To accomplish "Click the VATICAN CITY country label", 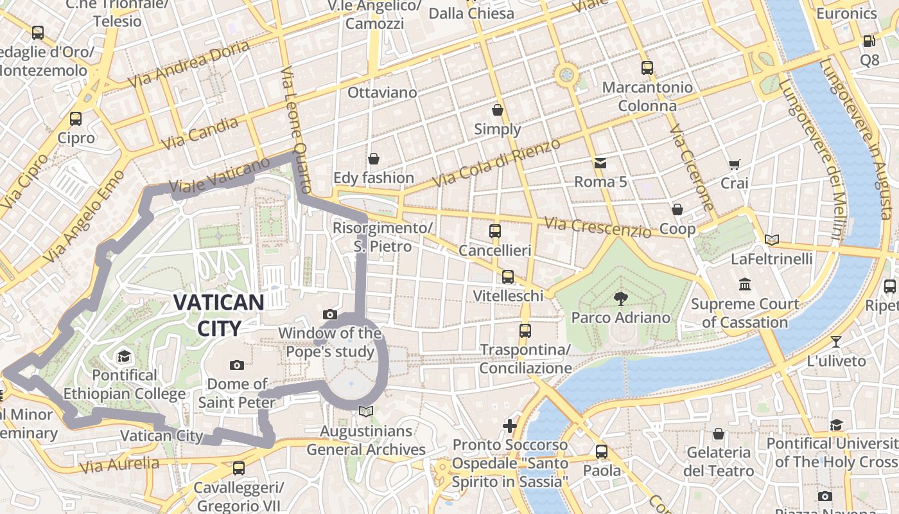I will pos(219,315).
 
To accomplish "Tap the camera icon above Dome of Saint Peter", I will pos(237,365).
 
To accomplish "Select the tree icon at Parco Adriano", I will pos(620,297).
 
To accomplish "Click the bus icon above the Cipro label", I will pos(76,118).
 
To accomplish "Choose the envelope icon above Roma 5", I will pos(600,163).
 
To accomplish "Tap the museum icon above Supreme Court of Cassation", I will pos(745,284).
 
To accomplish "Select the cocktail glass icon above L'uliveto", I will pos(835,341).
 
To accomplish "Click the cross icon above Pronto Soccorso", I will pos(510,425).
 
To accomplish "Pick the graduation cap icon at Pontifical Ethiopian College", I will pos(124,356).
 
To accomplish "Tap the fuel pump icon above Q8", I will pos(869,40).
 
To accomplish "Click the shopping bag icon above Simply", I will pos(497,110).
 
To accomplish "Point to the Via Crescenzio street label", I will pos(597,226).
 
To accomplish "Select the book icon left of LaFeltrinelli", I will pos(772,240).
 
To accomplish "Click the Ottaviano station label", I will pos(382,93).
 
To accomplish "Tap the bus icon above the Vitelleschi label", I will pos(508,276).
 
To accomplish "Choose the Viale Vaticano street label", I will pos(220,175).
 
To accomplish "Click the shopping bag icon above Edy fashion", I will pos(374,158).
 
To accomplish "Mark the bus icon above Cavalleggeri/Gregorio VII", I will pos(239,468).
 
